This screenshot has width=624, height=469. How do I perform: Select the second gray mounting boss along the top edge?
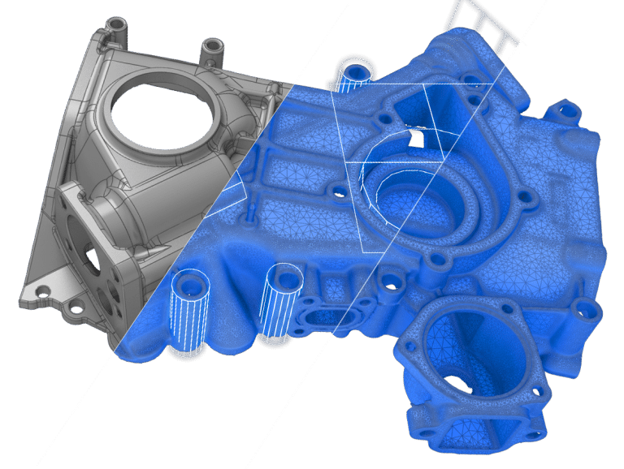[x=214, y=49]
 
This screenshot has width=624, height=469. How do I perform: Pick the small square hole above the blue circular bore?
[x=415, y=139]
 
